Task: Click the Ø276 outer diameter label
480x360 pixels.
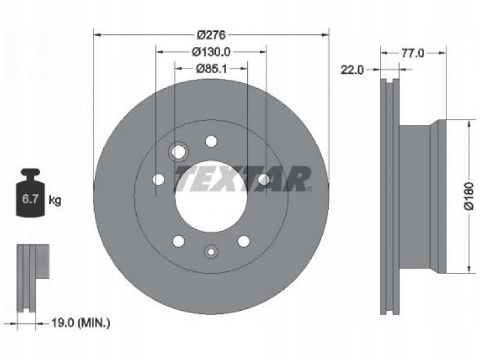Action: pos(211,35)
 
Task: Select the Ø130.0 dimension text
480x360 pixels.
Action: pos(211,52)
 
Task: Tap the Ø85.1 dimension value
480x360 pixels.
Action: pos(211,68)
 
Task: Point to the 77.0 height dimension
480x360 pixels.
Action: pos(413,53)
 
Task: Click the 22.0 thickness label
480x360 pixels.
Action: pos(352,70)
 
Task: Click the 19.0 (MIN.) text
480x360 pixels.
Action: pos(80,323)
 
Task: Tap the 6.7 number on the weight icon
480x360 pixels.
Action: pos(30,199)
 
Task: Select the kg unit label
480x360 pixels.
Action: pos(55,200)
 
